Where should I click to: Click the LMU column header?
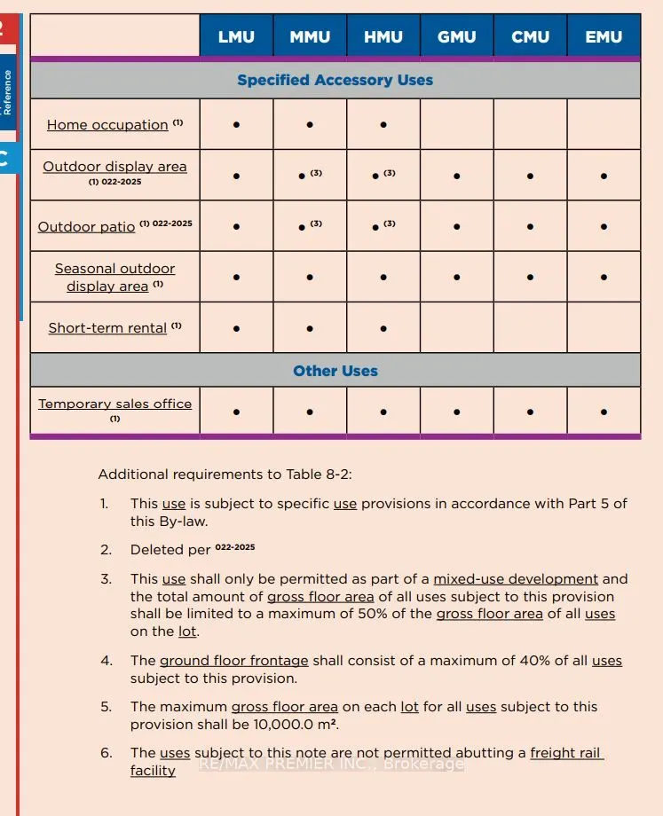click(236, 37)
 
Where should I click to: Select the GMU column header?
click(456, 37)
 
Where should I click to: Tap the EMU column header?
click(604, 37)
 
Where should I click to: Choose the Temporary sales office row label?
click(114, 404)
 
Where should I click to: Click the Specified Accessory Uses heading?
click(335, 80)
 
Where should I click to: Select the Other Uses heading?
click(335, 371)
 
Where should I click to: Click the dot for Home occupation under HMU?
click(383, 125)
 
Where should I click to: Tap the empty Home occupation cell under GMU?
click(456, 124)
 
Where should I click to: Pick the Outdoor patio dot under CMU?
click(530, 227)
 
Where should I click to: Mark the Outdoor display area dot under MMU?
click(303, 177)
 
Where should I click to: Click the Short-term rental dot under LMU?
click(236, 328)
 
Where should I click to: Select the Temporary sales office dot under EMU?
click(604, 412)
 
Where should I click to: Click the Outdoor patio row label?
click(86, 227)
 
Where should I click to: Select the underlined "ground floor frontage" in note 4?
click(233, 661)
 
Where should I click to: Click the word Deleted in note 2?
click(156, 550)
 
